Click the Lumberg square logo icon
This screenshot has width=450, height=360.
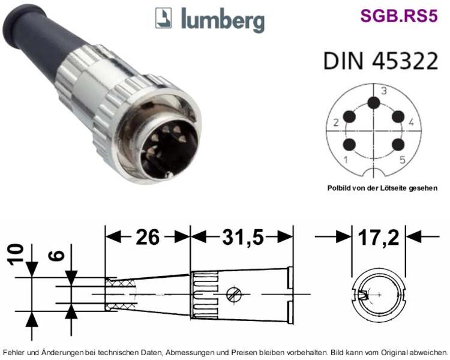163,18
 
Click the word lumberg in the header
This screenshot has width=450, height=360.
223,20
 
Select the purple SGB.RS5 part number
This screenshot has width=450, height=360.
399,16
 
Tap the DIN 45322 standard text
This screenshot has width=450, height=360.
381,61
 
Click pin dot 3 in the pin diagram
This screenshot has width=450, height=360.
374,103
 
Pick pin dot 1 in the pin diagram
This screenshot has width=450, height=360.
349,145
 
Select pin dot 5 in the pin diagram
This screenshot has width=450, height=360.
398,145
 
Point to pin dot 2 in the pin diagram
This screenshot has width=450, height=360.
349,117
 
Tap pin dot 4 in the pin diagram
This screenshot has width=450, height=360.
398,117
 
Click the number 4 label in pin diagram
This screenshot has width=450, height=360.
411,122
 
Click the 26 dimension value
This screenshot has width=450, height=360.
148,238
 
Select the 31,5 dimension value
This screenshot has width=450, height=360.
243,238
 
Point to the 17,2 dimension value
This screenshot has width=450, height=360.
379,238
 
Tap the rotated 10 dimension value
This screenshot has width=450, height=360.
16,254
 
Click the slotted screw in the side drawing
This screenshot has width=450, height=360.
233,295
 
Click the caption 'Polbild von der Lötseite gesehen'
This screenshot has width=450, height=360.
383,188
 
